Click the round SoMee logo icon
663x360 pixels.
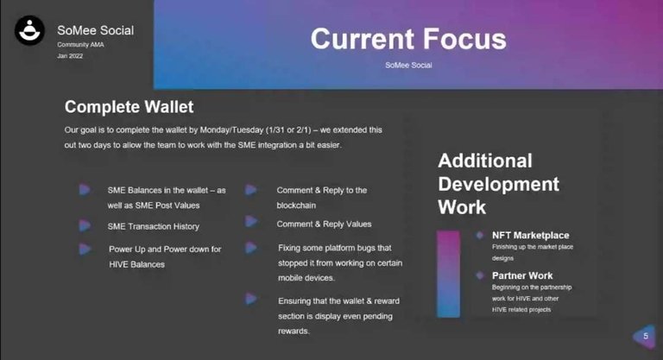tap(29, 30)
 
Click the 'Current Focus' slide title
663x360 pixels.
tap(408, 39)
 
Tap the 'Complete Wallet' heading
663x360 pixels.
tap(129, 107)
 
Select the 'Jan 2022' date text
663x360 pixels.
tap(70, 56)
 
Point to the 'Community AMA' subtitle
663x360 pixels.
tap(81, 44)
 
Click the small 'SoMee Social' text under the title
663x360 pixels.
tap(408, 65)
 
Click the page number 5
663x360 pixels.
tap(646, 336)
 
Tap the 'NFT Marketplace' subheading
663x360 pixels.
tap(531, 235)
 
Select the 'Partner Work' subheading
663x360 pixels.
tap(522, 275)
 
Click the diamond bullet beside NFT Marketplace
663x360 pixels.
tap(479, 235)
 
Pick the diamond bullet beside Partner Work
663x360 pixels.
tap(479, 275)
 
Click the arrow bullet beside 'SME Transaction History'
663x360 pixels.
tap(85, 225)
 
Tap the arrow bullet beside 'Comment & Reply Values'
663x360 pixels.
tap(251, 221)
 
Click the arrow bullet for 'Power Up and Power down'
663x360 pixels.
tap(85, 249)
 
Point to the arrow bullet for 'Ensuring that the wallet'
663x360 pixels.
tap(251, 299)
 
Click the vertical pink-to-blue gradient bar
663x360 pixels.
tap(448, 274)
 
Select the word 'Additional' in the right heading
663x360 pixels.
tap(485, 161)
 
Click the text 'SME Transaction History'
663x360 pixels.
tap(153, 227)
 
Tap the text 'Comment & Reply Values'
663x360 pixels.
tap(324, 224)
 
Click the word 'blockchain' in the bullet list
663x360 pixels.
tap(296, 205)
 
